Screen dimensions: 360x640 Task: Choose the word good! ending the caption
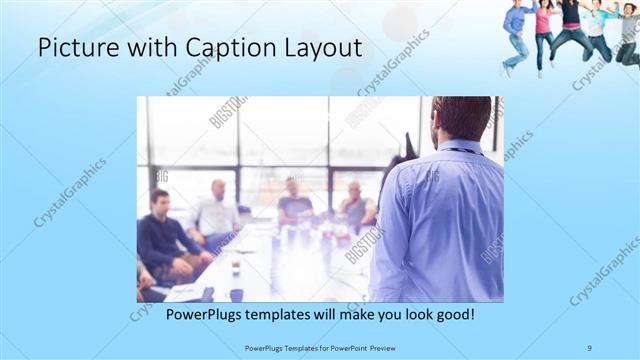click(451, 314)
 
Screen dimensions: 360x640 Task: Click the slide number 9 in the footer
click(590, 347)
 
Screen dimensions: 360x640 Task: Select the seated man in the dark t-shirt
click(294, 204)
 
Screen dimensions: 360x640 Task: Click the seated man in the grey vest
click(357, 206)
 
